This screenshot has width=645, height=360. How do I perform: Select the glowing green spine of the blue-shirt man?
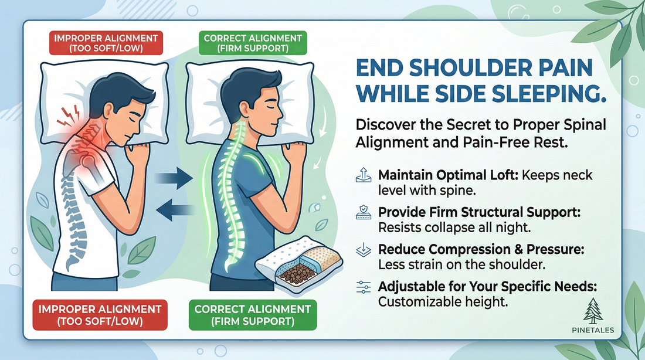tap(226, 193)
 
